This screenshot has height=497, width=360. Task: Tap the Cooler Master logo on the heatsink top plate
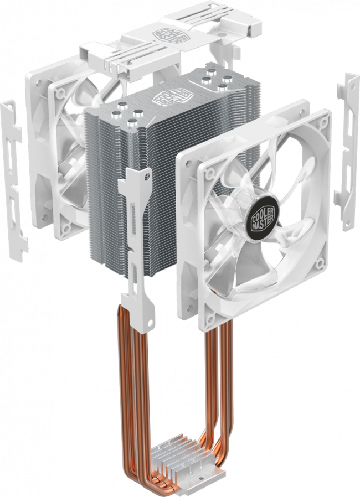pyautogui.click(x=169, y=97)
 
